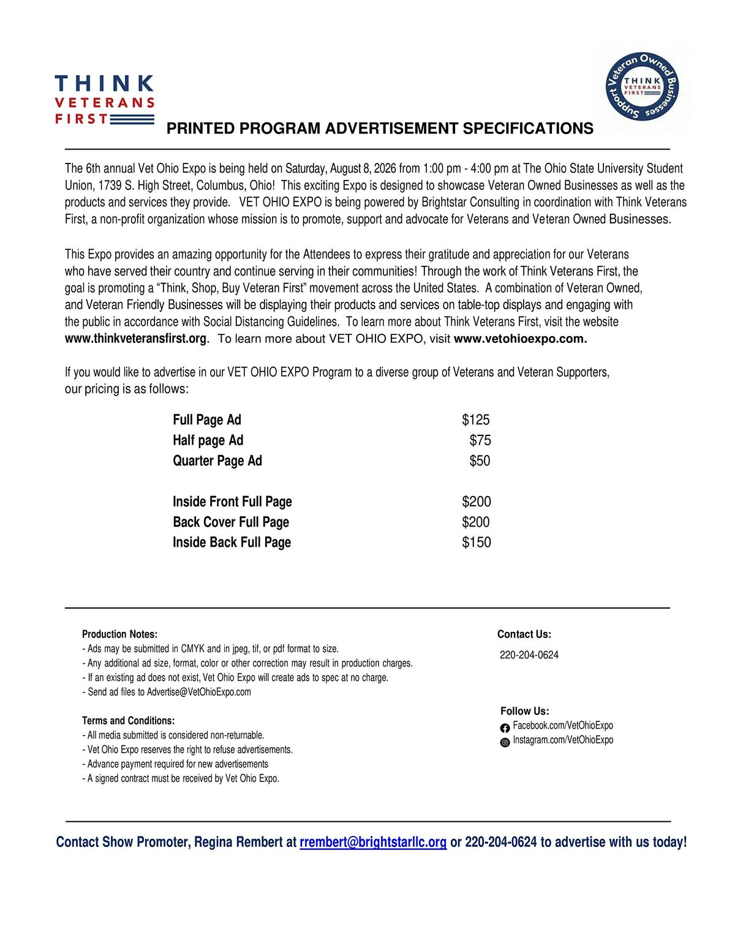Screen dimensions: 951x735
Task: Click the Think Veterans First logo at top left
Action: coord(104,100)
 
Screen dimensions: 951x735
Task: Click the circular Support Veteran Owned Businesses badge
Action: coord(642,86)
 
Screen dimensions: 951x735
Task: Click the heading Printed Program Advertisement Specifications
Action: coord(380,129)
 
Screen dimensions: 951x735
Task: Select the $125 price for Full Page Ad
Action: coord(476,420)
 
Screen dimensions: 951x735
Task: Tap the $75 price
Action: coord(480,440)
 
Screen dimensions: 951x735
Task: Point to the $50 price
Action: coord(480,460)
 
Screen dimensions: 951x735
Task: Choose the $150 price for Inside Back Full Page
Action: coord(477,542)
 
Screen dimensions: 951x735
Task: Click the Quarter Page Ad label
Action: coord(217,460)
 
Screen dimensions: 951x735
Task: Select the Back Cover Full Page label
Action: coord(231,522)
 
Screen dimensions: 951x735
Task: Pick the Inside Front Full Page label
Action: coord(232,502)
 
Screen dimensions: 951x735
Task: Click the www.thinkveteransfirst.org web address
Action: coord(136,339)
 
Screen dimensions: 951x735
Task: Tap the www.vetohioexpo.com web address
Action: coord(520,339)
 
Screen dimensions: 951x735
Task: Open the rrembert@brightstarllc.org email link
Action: coord(373,842)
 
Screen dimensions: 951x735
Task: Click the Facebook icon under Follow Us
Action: coord(505,728)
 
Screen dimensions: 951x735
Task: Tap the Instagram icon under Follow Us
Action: coord(505,743)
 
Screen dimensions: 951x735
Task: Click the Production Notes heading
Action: coord(120,634)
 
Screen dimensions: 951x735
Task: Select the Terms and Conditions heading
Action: coord(129,721)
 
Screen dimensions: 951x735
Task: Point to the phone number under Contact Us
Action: coord(529,655)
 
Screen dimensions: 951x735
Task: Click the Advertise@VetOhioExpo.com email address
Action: coord(199,692)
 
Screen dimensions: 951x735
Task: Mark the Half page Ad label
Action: coord(208,440)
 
